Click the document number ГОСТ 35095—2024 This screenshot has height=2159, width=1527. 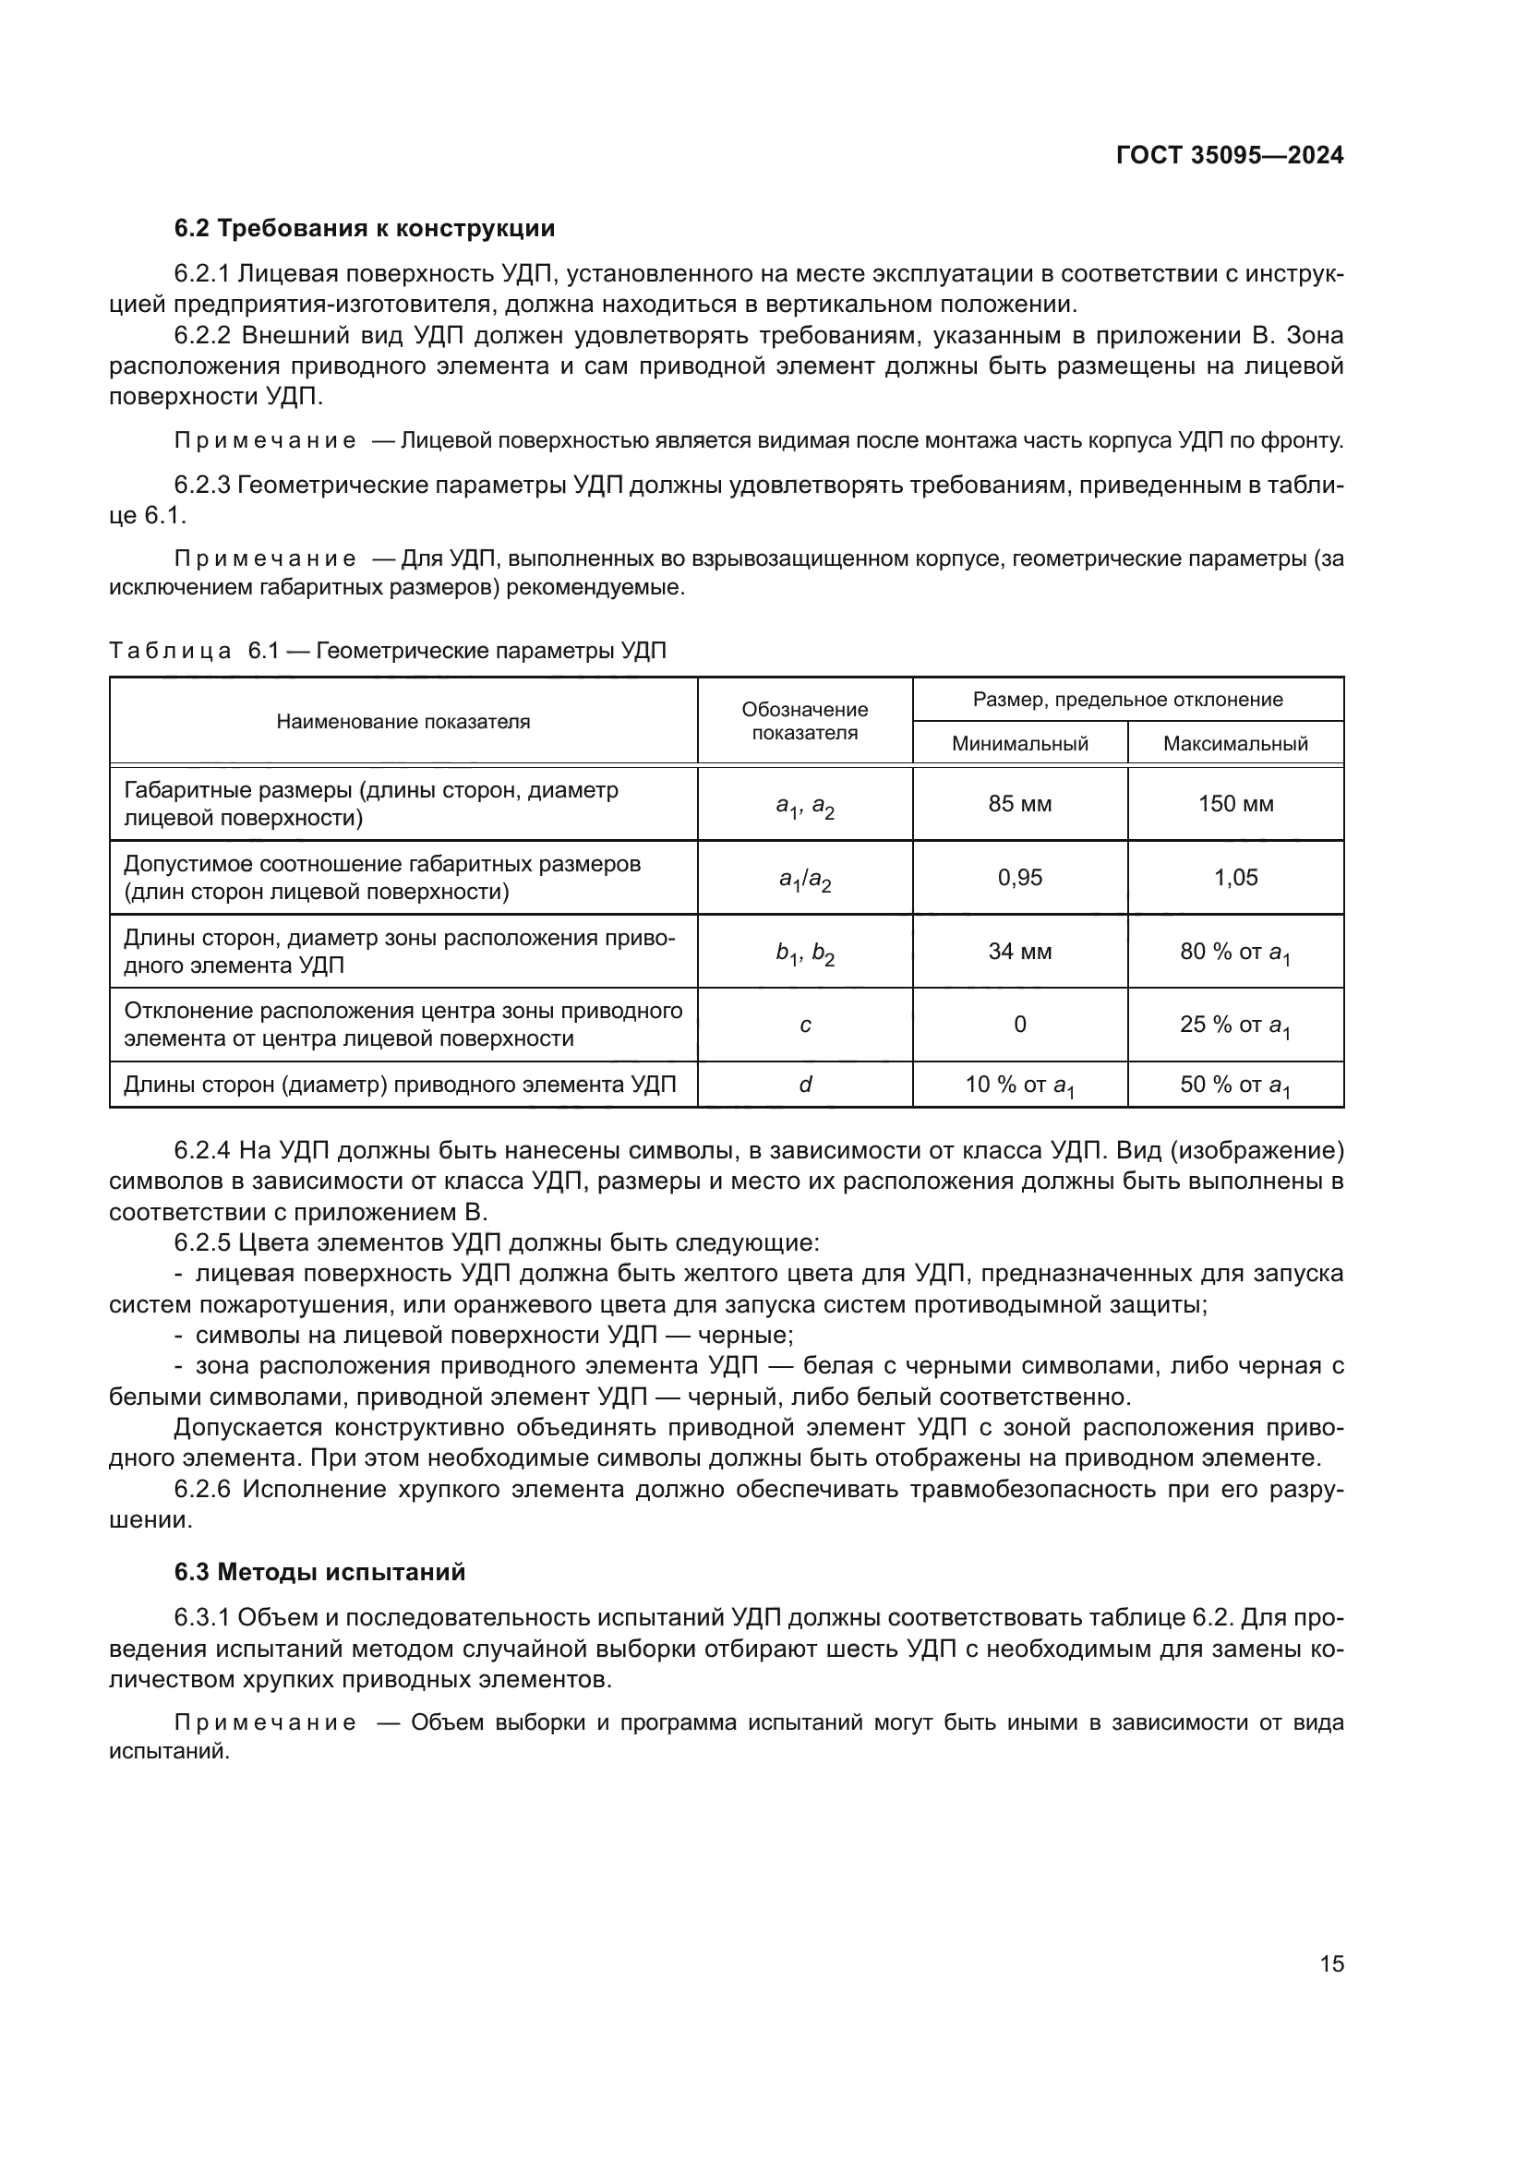point(1229,155)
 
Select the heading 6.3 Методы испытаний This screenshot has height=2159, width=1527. point(319,1572)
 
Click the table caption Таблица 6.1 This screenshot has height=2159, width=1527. point(388,651)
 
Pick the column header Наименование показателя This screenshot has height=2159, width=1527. point(403,721)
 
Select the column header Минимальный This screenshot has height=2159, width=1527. point(1019,744)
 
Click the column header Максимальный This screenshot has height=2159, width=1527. point(1234,744)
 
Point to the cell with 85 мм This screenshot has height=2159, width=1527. point(1019,804)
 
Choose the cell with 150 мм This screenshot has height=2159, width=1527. point(1234,804)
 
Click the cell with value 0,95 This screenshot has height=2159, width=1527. point(1019,877)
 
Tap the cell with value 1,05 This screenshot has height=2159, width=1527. point(1234,877)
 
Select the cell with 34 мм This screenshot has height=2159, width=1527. point(1019,952)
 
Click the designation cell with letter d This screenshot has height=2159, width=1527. point(805,1085)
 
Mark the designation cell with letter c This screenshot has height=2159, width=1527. point(805,1025)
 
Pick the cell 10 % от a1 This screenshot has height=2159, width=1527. point(1019,1086)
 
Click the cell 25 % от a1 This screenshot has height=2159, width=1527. point(1234,1026)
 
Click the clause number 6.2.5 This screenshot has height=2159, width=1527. point(202,1243)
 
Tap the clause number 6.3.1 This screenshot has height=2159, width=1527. point(202,1617)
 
